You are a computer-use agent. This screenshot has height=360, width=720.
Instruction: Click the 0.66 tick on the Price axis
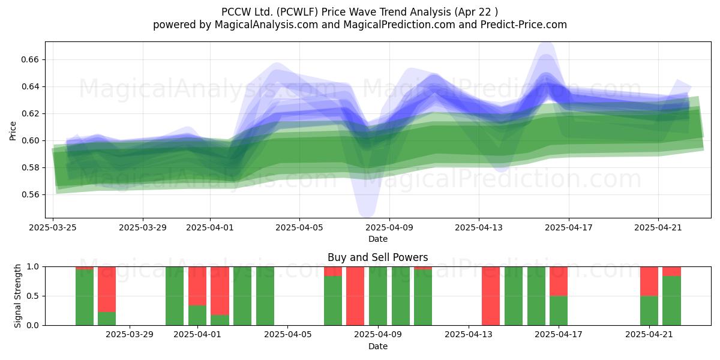coord(30,59)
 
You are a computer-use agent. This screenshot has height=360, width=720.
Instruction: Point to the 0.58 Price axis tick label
coord(30,167)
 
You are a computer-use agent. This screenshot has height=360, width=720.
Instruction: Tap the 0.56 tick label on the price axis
coord(30,194)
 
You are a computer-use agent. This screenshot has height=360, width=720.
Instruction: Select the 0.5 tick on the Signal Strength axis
coord(32,296)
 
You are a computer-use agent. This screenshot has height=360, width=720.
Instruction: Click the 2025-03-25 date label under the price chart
coord(53,227)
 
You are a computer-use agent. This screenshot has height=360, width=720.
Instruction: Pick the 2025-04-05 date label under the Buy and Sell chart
coord(287,335)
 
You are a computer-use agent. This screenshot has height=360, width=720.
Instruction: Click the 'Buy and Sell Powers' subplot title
coord(377,257)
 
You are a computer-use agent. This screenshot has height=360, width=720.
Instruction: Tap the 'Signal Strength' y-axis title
coord(17,296)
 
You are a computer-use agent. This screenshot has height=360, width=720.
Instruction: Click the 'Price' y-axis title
coord(13,131)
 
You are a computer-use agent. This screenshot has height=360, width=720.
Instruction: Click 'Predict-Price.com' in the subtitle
coord(524,25)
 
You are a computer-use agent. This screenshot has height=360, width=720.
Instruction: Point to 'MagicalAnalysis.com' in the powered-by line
coord(266,25)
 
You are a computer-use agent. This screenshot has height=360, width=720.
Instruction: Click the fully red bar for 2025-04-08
coord(355,296)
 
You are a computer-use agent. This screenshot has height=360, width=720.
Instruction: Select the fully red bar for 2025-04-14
coord(491,296)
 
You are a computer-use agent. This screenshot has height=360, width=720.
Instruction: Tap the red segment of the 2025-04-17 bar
coord(559,281)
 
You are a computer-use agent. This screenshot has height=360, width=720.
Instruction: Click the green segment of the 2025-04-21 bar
coord(649,311)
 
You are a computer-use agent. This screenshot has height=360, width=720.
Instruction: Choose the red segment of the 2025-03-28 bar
coord(107,289)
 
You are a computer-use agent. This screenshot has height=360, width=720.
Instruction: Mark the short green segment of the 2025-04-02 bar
coord(220,320)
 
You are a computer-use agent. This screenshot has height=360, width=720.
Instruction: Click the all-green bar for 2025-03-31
coord(175,296)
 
